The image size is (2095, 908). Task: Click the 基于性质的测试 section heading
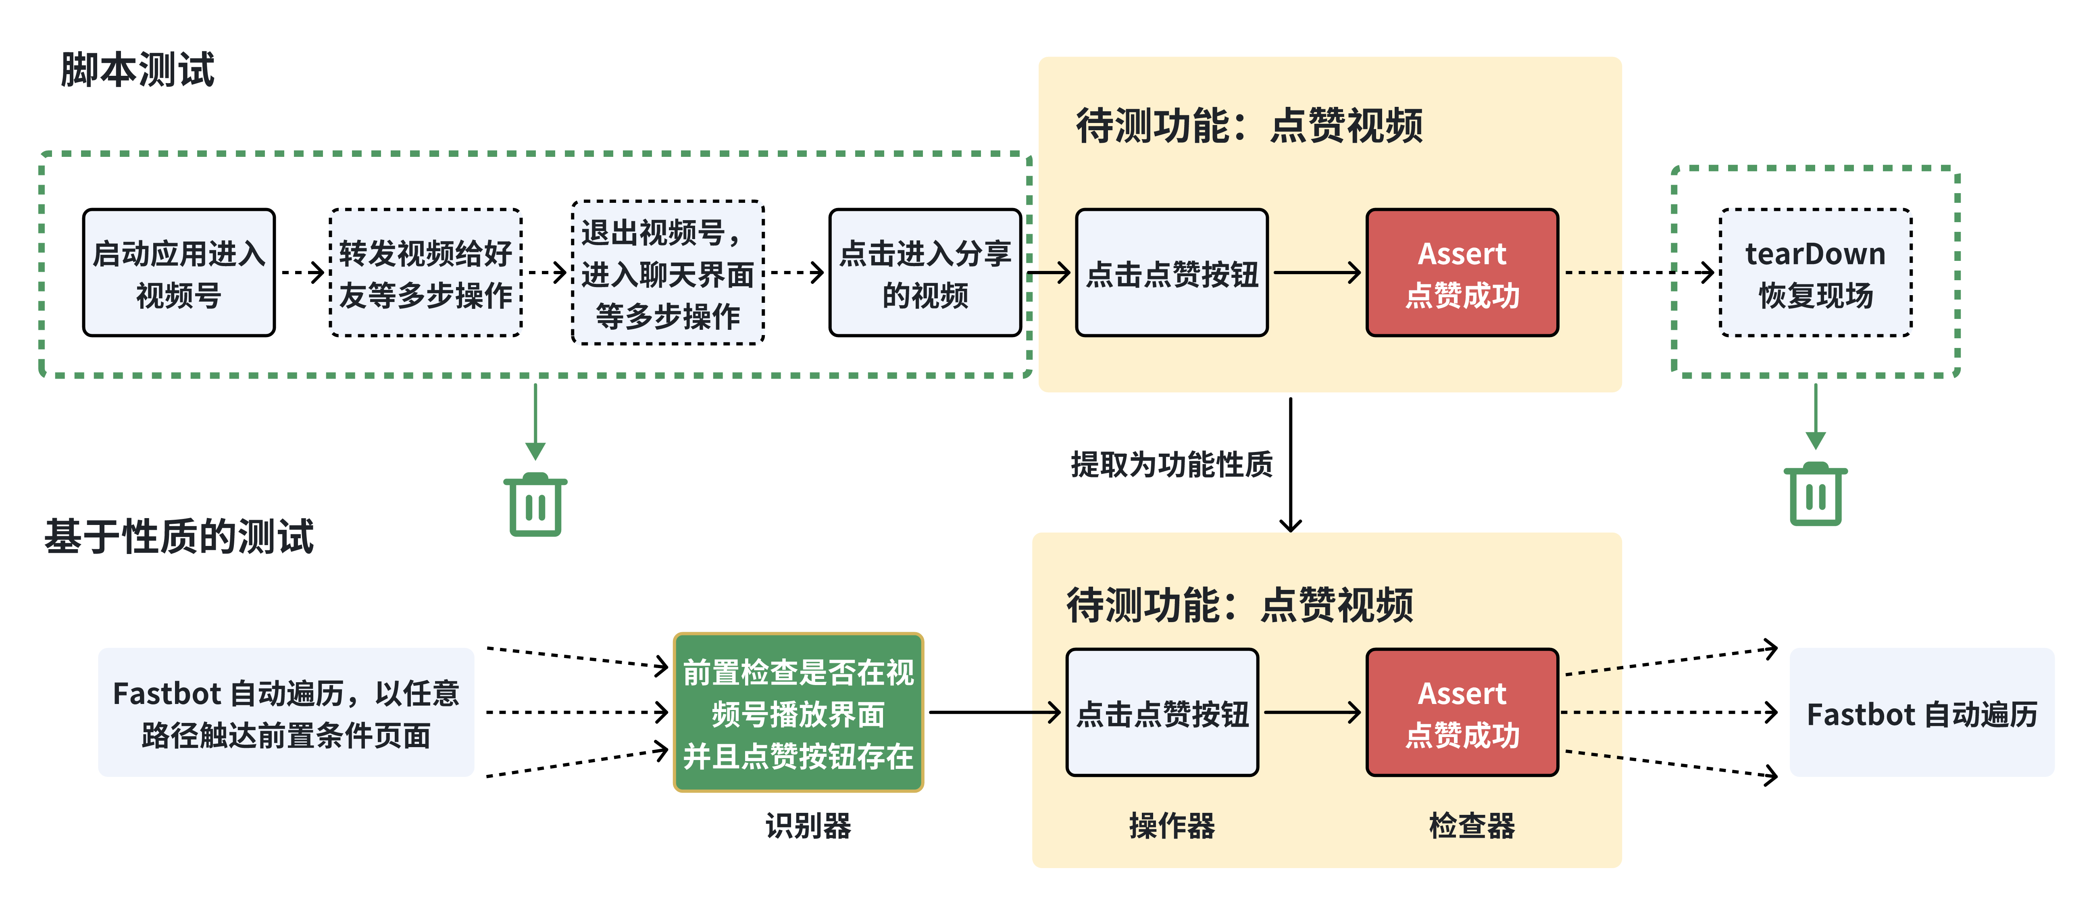pyautogui.click(x=179, y=537)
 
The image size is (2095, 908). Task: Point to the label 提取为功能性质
pyautogui.click(x=1171, y=464)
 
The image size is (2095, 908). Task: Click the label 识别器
pyautogui.click(x=808, y=826)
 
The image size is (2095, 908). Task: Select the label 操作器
pyautogui.click(x=1171, y=826)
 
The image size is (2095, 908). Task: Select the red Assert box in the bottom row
pyautogui.click(x=1462, y=713)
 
